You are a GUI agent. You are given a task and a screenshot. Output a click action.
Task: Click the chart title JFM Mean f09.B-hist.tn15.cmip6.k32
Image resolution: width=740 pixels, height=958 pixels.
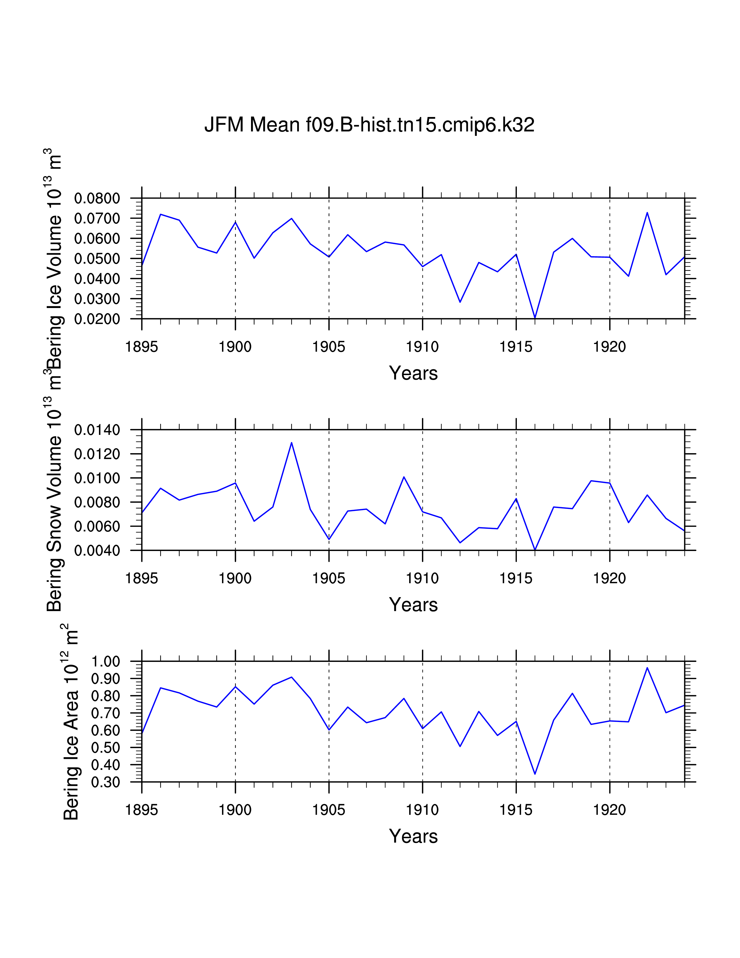tap(369, 125)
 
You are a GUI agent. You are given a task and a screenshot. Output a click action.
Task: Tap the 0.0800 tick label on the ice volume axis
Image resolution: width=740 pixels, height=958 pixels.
tap(97, 198)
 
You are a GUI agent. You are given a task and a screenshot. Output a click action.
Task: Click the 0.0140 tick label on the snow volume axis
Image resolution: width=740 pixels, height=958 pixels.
tap(97, 430)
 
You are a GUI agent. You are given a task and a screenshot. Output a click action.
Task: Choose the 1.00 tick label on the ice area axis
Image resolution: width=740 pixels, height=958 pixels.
tap(105, 662)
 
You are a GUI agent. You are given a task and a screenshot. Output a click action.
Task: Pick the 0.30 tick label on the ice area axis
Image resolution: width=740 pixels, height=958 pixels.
tap(105, 782)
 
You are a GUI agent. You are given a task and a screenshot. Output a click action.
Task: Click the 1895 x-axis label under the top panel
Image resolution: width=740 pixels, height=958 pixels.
tap(142, 347)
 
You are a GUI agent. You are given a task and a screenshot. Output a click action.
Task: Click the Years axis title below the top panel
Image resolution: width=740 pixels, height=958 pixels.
tap(413, 373)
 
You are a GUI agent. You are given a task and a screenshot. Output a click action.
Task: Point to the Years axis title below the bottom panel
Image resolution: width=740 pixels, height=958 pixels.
tap(413, 836)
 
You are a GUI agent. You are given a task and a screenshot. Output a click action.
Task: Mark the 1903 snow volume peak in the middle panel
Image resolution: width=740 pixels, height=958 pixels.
tap(292, 443)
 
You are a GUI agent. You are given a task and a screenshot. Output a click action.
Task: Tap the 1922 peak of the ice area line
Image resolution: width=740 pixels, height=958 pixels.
tap(647, 668)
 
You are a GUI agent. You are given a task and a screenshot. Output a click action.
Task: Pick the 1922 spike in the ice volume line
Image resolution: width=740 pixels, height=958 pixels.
tap(647, 213)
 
